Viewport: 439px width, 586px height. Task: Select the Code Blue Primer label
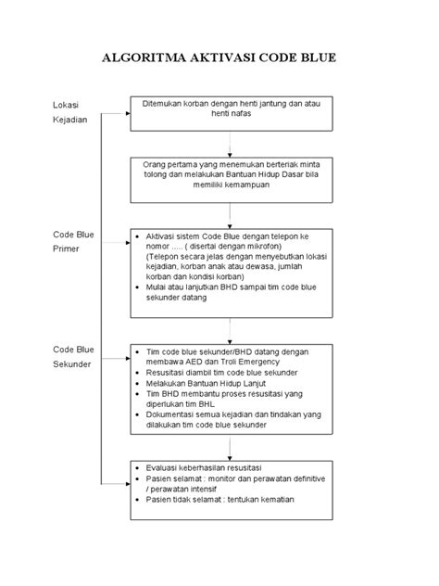tap(73, 242)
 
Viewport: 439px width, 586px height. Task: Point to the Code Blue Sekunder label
tap(73, 358)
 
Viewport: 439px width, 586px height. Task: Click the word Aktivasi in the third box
tap(166, 236)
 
